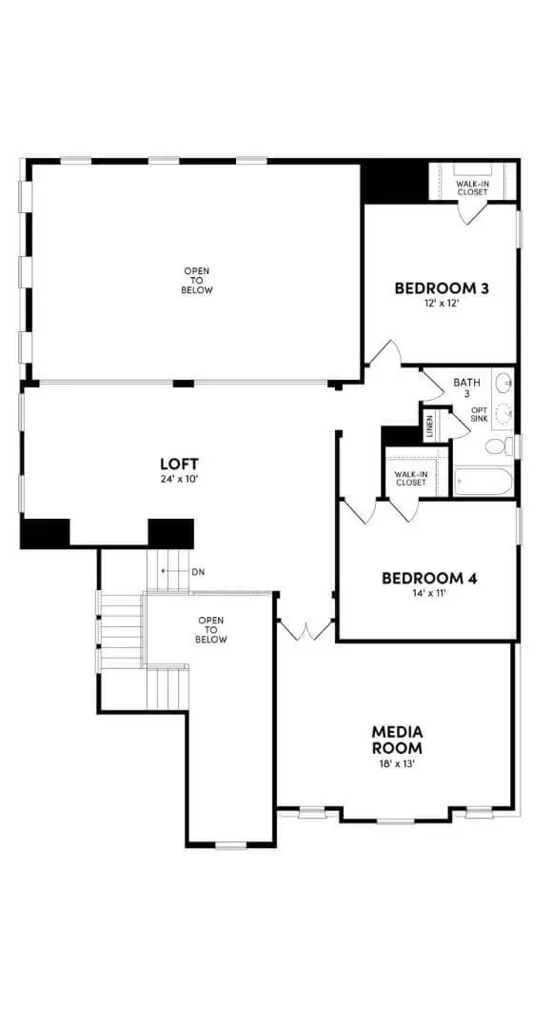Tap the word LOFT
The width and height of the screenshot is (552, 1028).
pyautogui.click(x=179, y=464)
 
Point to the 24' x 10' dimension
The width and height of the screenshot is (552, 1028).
pyautogui.click(x=179, y=479)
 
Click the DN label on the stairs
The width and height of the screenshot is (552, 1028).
pyautogui.click(x=198, y=571)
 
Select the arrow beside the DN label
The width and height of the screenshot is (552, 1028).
pyautogui.click(x=171, y=571)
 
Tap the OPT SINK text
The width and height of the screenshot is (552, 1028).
pyautogui.click(x=480, y=414)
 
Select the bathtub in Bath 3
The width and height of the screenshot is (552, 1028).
pyautogui.click(x=483, y=481)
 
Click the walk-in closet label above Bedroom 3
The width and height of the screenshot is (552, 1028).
pyautogui.click(x=472, y=188)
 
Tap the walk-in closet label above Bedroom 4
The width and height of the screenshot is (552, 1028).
pyautogui.click(x=411, y=478)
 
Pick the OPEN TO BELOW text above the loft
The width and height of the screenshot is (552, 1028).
pyautogui.click(x=197, y=281)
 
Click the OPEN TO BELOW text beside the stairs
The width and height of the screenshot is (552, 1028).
pyautogui.click(x=211, y=630)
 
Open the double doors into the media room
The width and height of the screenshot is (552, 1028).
pyautogui.click(x=306, y=631)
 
